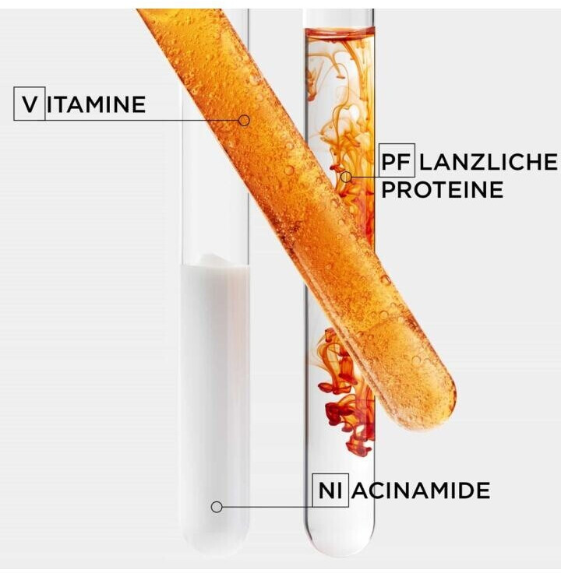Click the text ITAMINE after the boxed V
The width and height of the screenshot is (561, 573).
(x=96, y=104)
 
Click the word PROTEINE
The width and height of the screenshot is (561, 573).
(x=442, y=189)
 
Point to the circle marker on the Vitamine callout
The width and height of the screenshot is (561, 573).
(x=244, y=121)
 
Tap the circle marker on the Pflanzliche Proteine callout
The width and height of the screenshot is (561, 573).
(x=346, y=177)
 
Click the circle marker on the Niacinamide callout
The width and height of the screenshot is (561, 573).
(x=217, y=507)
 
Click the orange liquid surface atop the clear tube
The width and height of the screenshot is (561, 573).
(x=340, y=32)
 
